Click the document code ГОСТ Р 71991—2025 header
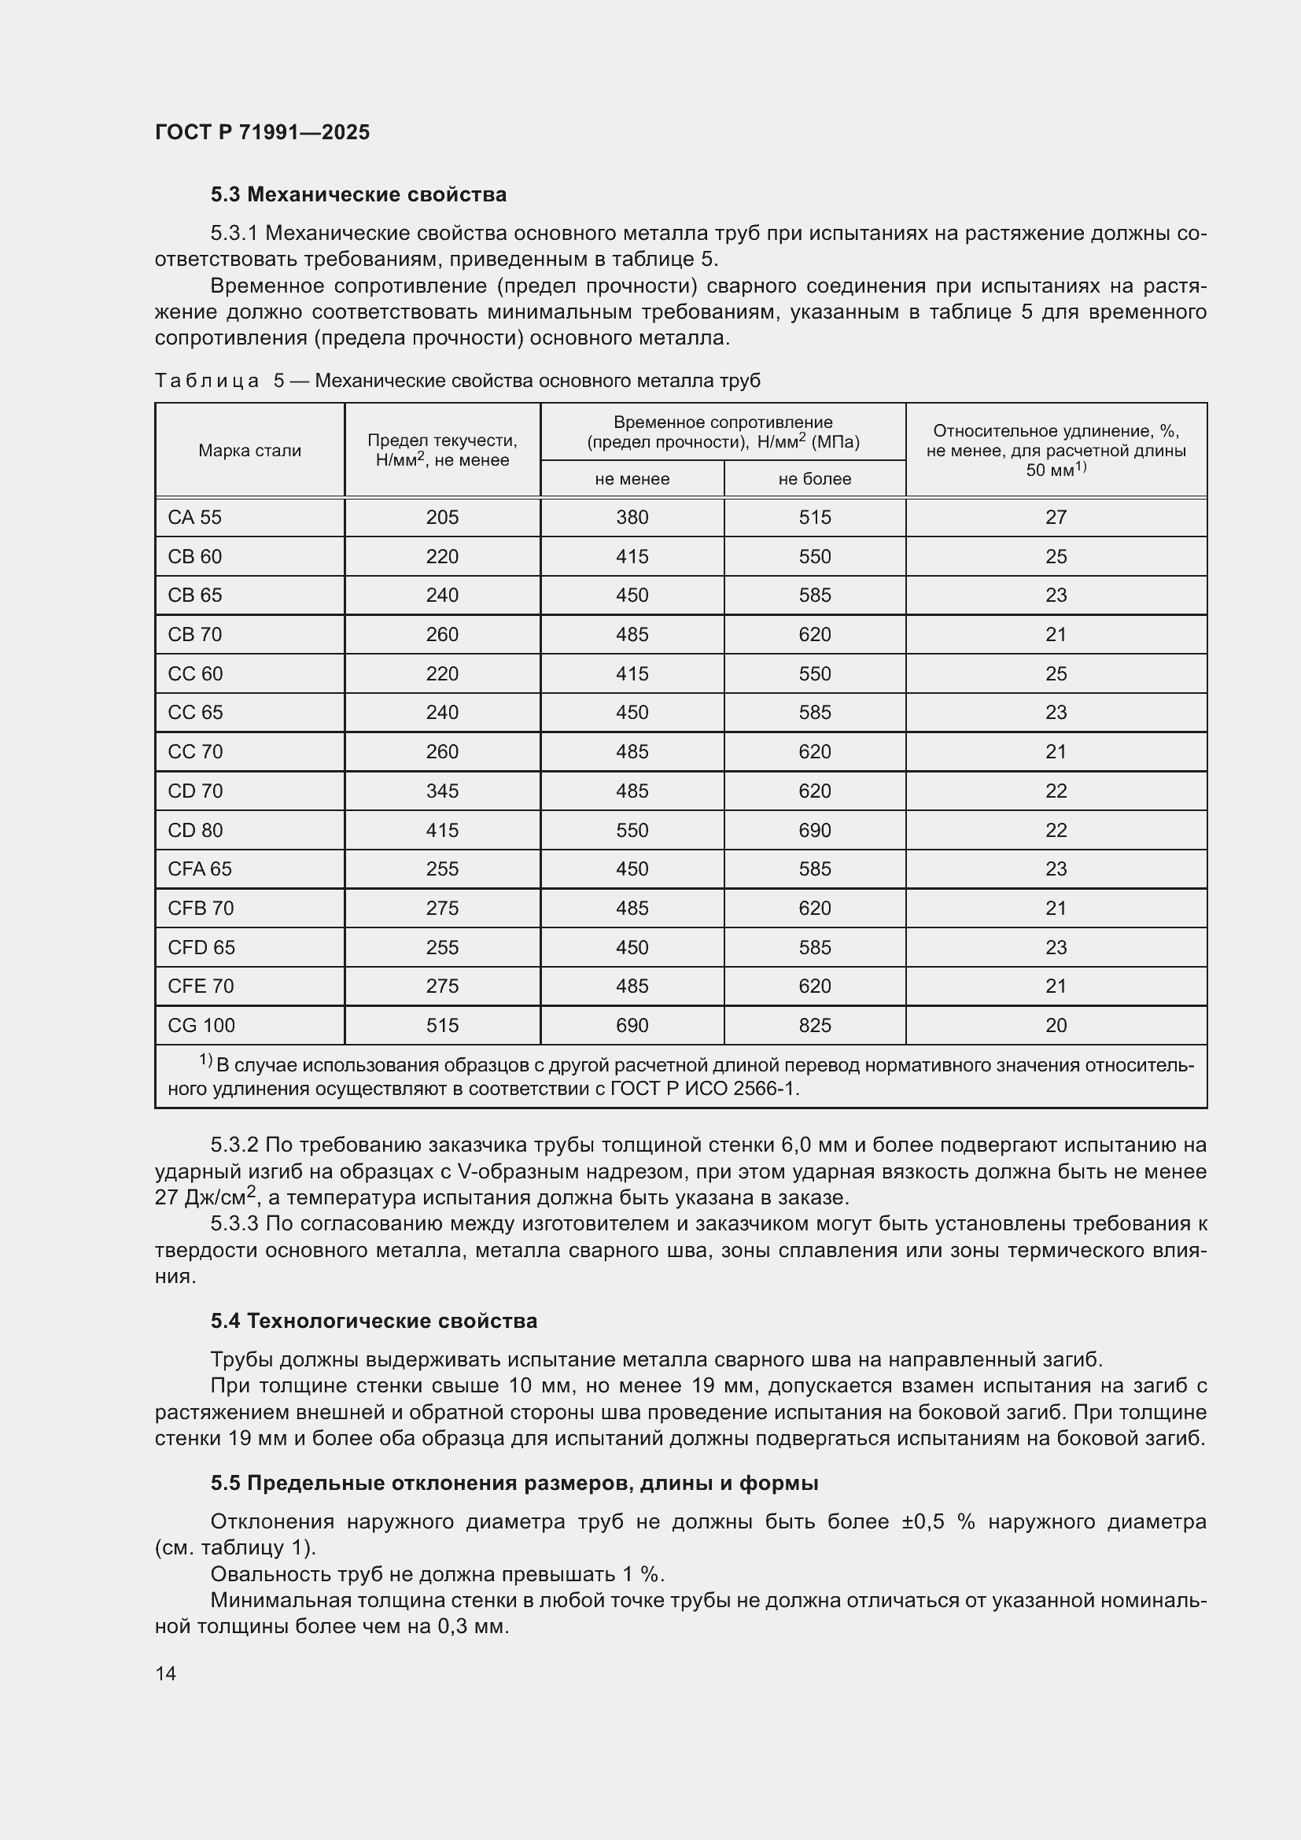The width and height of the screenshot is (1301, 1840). (262, 132)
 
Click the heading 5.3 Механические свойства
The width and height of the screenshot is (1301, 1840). (358, 195)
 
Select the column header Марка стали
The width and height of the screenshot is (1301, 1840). (249, 451)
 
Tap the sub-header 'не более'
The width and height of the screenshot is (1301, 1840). (814, 479)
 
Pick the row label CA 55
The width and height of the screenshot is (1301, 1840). (194, 518)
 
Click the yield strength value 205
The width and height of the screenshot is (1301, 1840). (442, 518)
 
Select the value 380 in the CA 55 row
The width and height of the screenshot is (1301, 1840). (632, 518)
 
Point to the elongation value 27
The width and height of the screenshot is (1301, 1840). (1055, 518)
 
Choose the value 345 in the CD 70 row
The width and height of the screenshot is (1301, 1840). (442, 791)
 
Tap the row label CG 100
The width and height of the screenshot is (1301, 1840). (201, 1026)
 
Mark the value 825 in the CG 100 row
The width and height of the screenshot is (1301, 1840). (814, 1026)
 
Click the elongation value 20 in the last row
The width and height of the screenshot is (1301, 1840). (1055, 1026)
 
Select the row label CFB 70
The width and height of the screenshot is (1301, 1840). (201, 908)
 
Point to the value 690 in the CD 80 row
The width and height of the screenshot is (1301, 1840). (814, 830)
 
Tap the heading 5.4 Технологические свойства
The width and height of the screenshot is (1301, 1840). (374, 1321)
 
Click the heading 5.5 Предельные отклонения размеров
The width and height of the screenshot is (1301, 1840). (514, 1484)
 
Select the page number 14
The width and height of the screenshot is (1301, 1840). (166, 1673)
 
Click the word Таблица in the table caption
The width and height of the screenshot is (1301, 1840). (207, 381)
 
